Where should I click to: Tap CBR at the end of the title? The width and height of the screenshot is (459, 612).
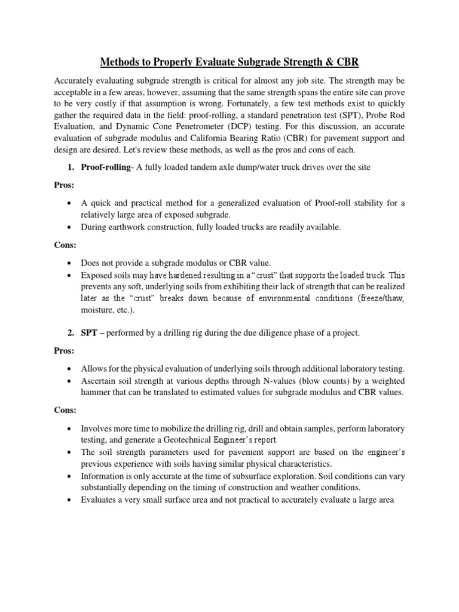(x=347, y=62)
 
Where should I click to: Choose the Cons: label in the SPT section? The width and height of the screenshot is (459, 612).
(x=64, y=411)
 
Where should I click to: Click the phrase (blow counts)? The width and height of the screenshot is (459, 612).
(x=310, y=381)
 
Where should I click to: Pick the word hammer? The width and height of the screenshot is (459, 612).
(x=96, y=392)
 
